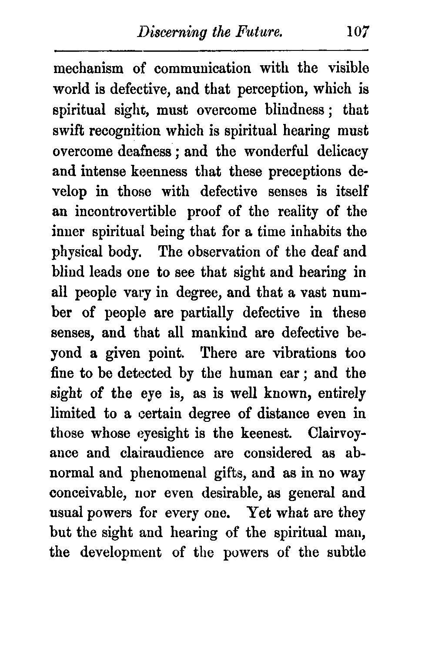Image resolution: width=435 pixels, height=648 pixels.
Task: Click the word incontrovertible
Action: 126,212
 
